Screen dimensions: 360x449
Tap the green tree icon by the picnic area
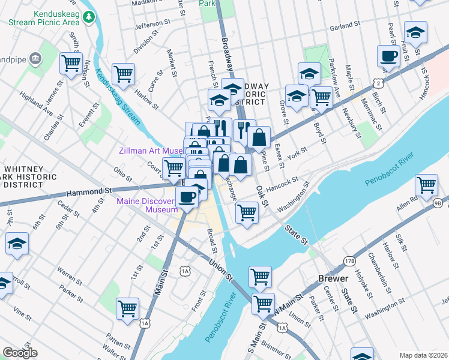tap(88, 17)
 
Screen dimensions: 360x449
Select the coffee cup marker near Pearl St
tap(388, 57)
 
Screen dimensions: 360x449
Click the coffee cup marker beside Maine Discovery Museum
tap(187, 196)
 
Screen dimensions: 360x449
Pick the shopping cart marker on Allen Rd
tap(426, 185)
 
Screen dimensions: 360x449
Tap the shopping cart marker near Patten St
tap(127, 308)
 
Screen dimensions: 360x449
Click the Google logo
tap(20, 353)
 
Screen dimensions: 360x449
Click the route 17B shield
tap(349, 261)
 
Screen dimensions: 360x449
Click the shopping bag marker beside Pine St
tap(259, 137)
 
